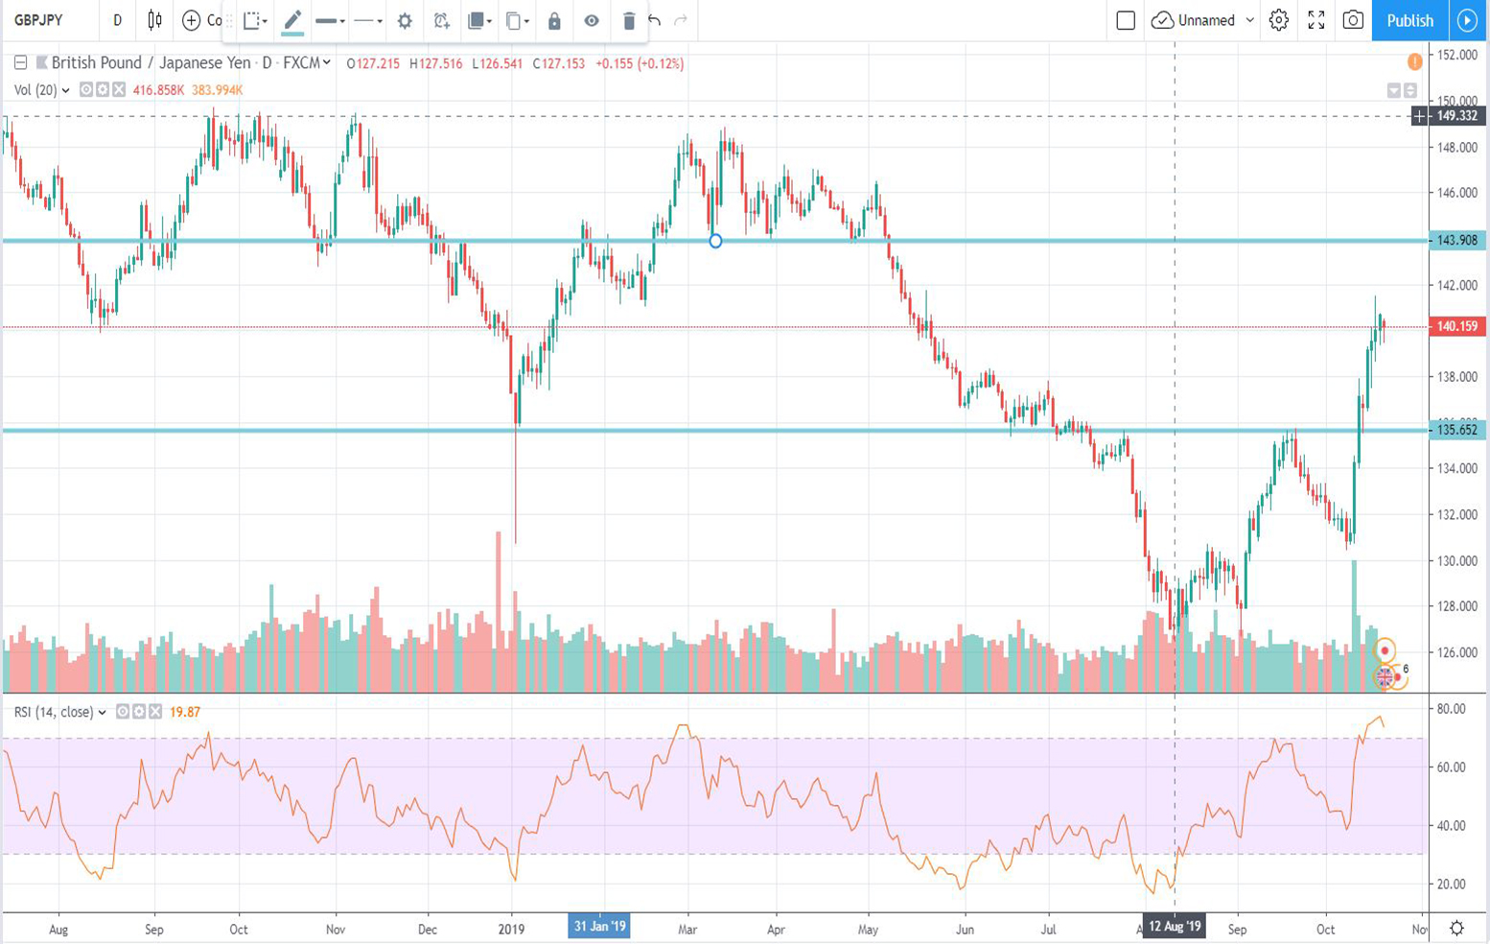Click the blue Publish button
1409,20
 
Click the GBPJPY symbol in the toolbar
38,20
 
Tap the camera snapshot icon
1353,20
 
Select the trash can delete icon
629,20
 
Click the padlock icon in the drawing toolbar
554,20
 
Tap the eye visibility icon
592,20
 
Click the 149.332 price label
1456,116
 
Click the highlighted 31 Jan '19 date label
599,927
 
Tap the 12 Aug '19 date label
1175,927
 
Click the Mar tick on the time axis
687,930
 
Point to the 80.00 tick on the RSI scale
1452,709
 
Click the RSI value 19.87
185,712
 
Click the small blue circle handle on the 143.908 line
715,241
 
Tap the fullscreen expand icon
1316,20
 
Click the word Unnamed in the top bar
1206,20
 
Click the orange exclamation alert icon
1415,62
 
